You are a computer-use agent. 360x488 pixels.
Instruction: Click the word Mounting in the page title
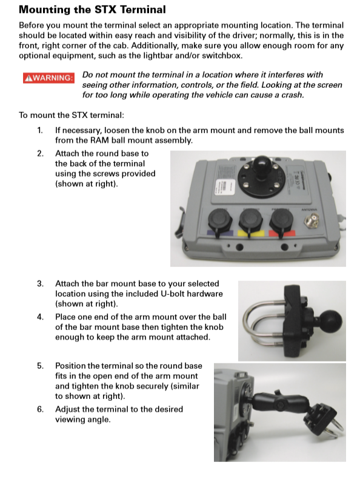46,10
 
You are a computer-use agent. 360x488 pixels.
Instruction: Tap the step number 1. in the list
39,130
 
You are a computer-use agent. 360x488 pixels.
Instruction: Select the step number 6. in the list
39,409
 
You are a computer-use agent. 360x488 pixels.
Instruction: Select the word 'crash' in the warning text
290,95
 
